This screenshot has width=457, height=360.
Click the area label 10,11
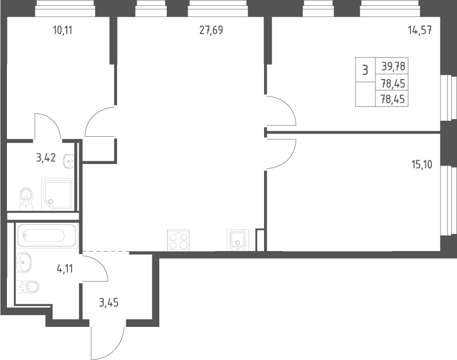point(63,30)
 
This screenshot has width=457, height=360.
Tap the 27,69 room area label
point(211,30)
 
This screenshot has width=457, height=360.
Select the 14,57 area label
point(420,30)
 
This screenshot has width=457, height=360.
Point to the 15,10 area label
point(422,165)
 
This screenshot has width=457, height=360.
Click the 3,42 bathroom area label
point(46,158)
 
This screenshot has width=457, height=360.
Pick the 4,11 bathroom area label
point(65,269)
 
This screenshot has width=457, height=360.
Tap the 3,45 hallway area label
point(109,303)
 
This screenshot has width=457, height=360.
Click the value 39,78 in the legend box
point(393,67)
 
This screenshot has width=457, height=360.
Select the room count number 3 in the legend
point(365,70)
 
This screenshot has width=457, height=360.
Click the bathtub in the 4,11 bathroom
point(47,235)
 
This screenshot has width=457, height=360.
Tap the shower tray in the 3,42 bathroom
point(58,194)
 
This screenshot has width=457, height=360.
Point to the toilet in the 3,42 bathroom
point(27,199)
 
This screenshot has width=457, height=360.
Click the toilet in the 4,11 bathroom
point(27,287)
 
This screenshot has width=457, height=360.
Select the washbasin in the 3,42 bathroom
point(68,160)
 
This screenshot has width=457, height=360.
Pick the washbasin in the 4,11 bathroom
point(24,262)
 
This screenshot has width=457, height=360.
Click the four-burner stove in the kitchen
point(179,240)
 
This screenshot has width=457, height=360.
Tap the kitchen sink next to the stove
point(238,239)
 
